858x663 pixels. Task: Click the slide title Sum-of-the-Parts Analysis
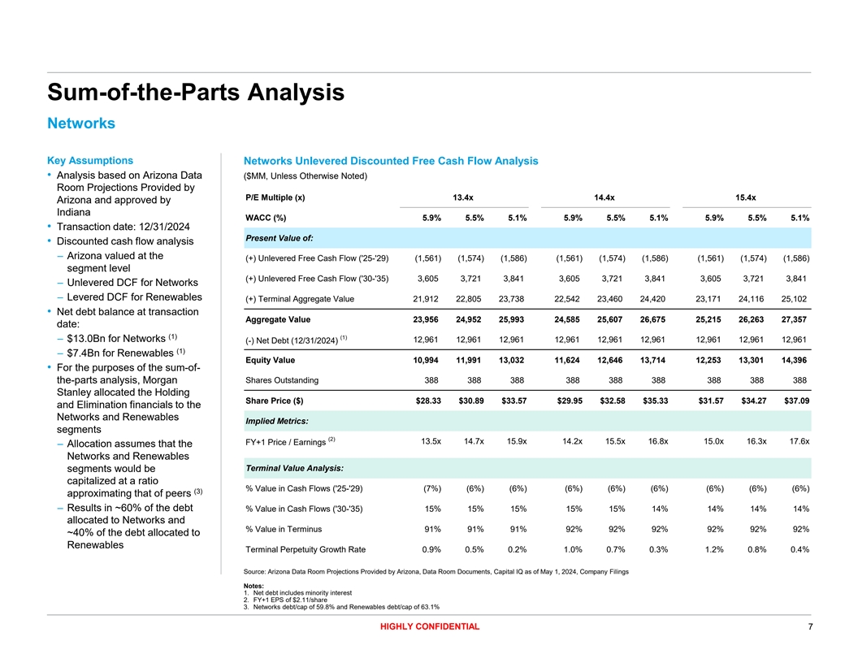[x=196, y=92]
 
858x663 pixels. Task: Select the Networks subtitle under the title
[x=81, y=123]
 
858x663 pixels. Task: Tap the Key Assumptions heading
[x=90, y=160]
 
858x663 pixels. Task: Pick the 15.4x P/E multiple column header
[x=745, y=197]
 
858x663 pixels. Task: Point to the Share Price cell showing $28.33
[x=427, y=403]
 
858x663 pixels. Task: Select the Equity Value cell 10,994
[x=427, y=361]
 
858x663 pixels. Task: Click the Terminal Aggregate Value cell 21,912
[x=427, y=298]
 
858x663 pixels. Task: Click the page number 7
[x=810, y=626]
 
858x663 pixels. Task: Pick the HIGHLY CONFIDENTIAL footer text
[x=428, y=626]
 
